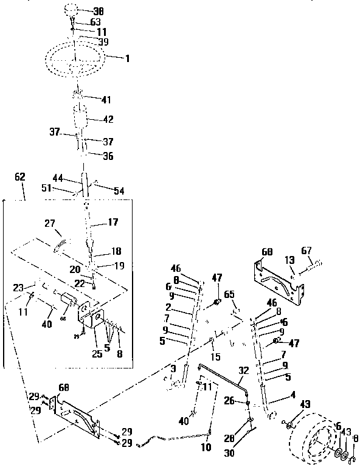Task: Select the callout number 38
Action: click(97, 12)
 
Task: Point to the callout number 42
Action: click(107, 120)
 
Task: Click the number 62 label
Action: click(20, 177)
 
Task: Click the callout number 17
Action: click(113, 223)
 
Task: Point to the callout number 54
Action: click(118, 191)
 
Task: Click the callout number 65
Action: click(229, 294)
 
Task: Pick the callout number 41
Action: click(106, 99)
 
